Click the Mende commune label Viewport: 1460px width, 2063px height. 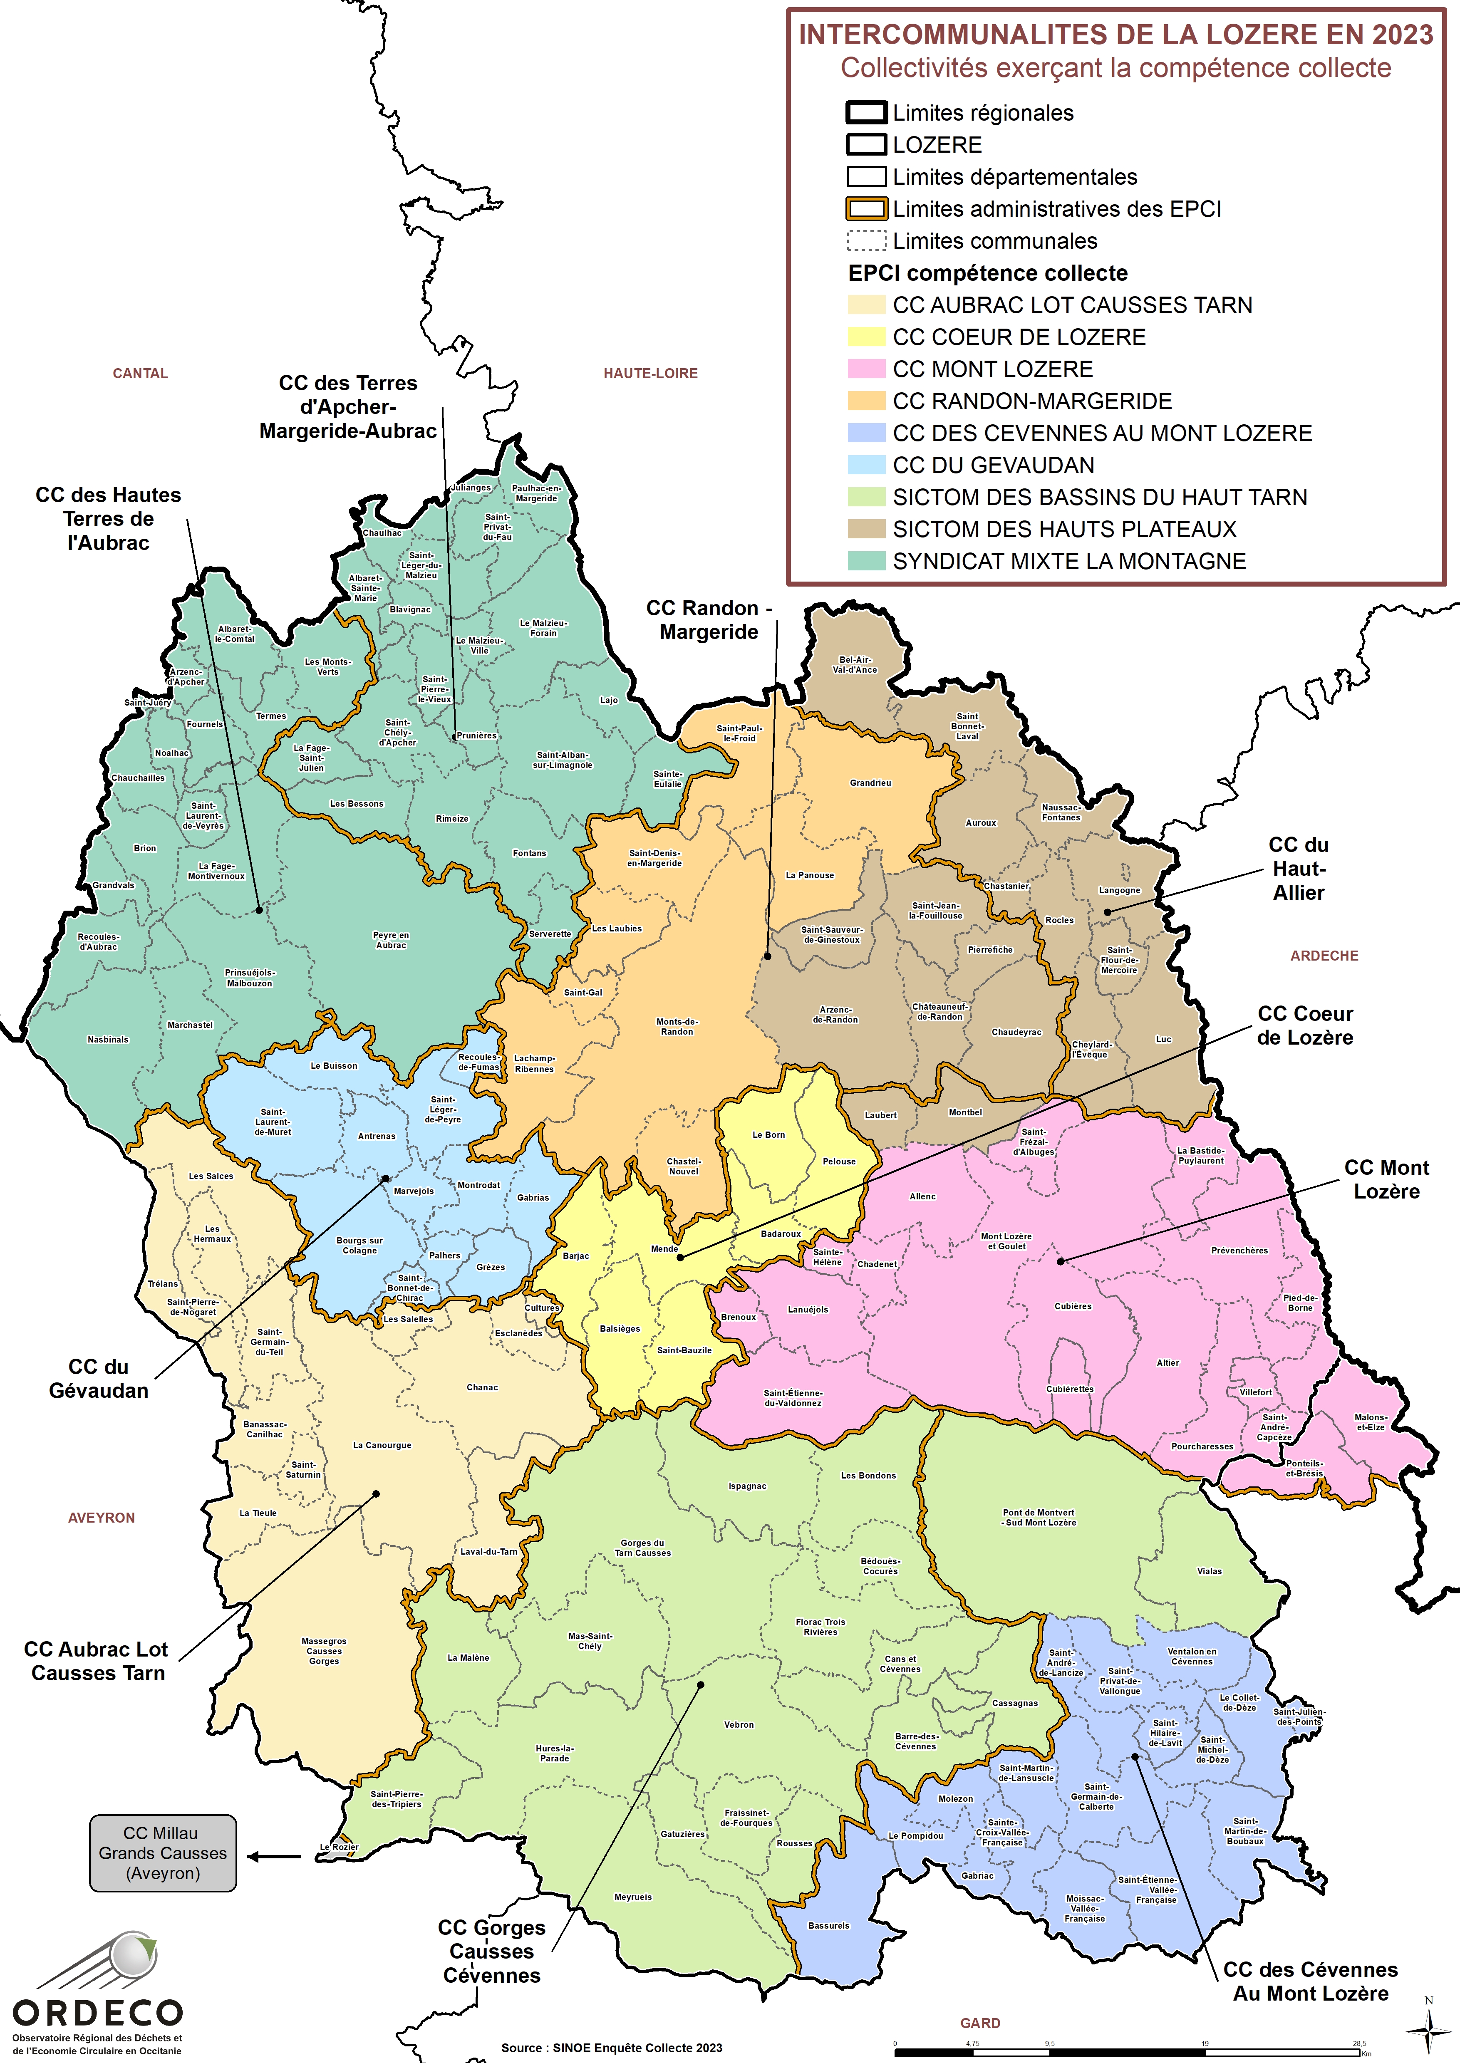point(664,1248)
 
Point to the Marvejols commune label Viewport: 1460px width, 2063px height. point(414,1191)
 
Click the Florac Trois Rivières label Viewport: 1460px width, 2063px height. point(820,1627)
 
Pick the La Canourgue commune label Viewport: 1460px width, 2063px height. point(382,1446)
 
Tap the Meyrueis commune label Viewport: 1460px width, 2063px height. point(633,1897)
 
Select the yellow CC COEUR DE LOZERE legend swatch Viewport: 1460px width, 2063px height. point(866,337)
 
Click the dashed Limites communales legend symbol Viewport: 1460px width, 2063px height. point(866,241)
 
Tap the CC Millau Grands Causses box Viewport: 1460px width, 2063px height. point(163,1852)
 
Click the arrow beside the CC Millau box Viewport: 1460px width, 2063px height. point(274,1856)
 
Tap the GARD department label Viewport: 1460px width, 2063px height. point(980,2023)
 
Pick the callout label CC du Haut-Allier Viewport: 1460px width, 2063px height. point(1298,868)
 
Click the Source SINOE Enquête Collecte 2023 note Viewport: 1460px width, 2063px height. point(611,2048)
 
